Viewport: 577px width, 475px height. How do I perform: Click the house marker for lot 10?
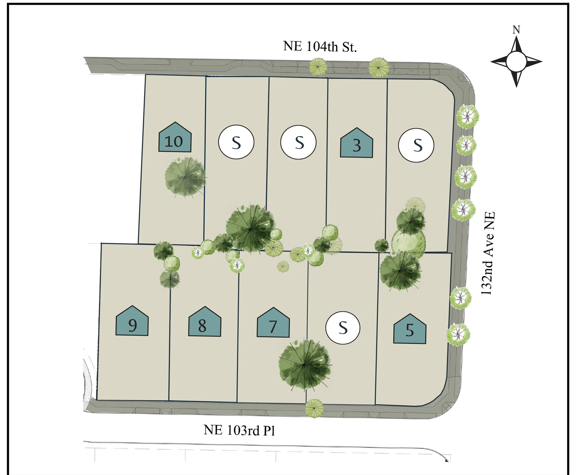[175, 137]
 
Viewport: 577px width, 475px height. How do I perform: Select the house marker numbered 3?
[356, 143]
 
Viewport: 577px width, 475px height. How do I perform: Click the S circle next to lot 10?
[236, 142]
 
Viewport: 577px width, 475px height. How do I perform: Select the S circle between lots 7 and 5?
[343, 328]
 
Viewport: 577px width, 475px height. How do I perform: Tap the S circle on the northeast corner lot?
[416, 145]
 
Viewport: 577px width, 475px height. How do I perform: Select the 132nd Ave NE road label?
[488, 253]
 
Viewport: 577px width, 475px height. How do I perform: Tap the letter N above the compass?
[516, 30]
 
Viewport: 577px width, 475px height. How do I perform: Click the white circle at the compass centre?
[516, 62]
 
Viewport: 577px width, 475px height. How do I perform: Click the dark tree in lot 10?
[185, 177]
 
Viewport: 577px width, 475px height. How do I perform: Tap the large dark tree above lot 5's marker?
[400, 271]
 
